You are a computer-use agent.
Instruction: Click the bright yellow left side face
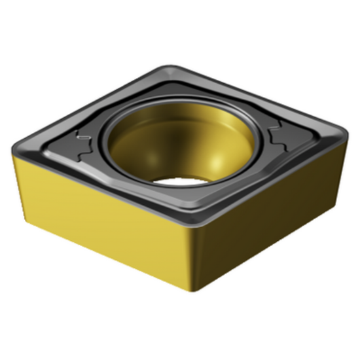98,216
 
